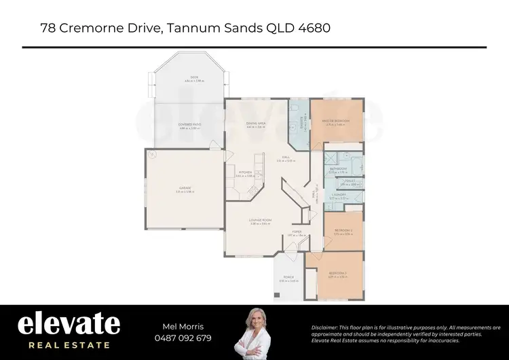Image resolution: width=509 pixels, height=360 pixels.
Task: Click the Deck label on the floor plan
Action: (195, 79)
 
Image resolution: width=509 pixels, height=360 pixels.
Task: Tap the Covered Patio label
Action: (189, 126)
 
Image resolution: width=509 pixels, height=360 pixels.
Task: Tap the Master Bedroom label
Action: (337, 122)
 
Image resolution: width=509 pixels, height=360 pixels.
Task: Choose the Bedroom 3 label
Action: (337, 275)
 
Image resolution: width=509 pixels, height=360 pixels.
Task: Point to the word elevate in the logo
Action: (69, 323)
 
